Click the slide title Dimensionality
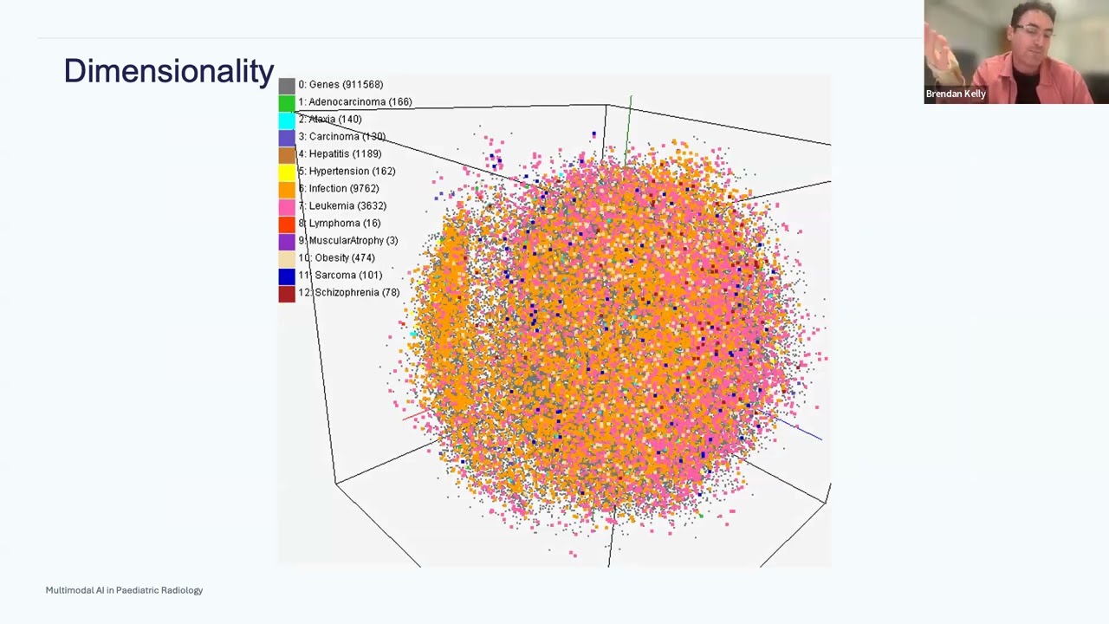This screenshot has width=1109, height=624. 168,71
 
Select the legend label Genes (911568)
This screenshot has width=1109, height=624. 340,84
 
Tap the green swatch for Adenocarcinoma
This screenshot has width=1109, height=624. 287,102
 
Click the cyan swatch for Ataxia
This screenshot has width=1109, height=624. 287,120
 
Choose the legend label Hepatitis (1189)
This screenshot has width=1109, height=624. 345,153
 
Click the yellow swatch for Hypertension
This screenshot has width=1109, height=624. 287,172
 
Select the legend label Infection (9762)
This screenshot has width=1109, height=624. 343,188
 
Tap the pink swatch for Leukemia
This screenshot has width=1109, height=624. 287,206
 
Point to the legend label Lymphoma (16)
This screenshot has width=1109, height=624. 344,223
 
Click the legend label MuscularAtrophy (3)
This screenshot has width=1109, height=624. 353,240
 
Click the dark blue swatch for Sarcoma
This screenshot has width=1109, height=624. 287,276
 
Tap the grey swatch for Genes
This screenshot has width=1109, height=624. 287,85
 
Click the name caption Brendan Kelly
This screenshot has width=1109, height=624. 956,94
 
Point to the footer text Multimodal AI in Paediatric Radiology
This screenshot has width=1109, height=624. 124,590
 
